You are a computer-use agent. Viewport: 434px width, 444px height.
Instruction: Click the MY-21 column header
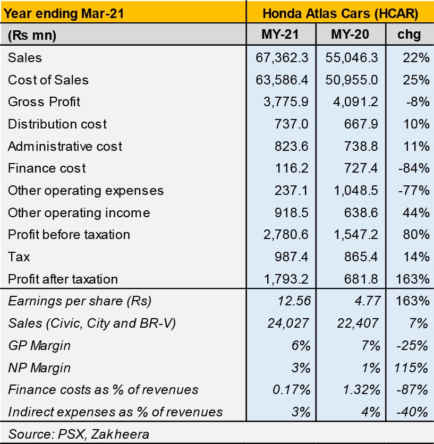280,35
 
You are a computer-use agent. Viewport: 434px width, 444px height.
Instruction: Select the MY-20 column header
350,35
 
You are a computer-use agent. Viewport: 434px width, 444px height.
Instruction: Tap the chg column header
409,35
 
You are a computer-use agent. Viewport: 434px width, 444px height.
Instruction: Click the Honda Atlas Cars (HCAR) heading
340,13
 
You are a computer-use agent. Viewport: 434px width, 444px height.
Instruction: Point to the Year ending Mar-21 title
64,13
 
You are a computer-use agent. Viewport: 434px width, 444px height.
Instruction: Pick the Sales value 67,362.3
282,58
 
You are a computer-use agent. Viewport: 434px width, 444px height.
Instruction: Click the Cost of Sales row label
48,80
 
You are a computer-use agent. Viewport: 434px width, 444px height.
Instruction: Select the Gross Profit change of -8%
418,102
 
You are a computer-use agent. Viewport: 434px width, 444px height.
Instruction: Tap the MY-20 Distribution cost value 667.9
361,124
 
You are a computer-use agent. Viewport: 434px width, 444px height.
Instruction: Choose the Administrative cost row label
65,147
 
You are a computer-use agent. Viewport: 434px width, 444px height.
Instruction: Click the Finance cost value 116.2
292,168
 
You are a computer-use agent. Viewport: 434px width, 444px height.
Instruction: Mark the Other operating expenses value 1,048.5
356,191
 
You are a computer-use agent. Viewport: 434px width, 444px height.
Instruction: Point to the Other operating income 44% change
416,212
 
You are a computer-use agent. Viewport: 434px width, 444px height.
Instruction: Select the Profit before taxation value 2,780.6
286,235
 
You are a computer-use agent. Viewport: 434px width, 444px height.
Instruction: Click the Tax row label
19,257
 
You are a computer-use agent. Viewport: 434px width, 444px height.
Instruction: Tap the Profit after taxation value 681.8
361,279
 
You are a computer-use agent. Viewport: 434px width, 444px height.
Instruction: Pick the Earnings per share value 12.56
294,301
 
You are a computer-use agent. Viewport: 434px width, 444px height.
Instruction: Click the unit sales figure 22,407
358,323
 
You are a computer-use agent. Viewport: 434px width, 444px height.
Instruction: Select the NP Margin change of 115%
411,368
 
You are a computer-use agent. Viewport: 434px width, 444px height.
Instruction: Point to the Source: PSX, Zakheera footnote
79,434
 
